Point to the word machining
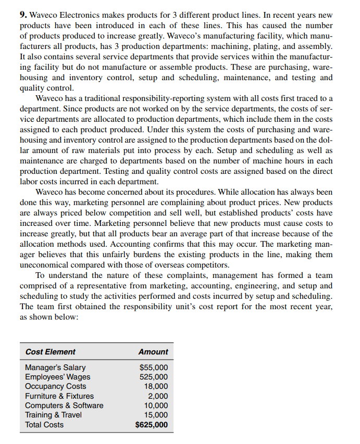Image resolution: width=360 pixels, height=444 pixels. [249, 46]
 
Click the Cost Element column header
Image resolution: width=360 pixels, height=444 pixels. [50, 352]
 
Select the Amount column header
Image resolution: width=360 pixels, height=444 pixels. [153, 352]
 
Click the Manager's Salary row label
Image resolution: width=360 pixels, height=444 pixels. [55, 367]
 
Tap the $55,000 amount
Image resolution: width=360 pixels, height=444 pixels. [154, 367]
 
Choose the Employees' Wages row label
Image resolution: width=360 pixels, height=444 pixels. [57, 377]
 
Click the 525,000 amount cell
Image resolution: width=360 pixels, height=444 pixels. [155, 377]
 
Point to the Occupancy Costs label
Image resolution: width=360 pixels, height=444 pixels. [56, 386]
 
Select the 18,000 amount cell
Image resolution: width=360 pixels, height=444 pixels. [157, 386]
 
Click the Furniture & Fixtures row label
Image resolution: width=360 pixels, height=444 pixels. [59, 396]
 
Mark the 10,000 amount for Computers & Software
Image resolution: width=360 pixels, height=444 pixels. [157, 405]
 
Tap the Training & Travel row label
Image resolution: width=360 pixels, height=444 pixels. [53, 415]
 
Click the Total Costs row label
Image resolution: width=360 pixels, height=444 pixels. [44, 425]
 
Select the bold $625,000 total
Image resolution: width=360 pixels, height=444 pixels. [152, 425]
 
